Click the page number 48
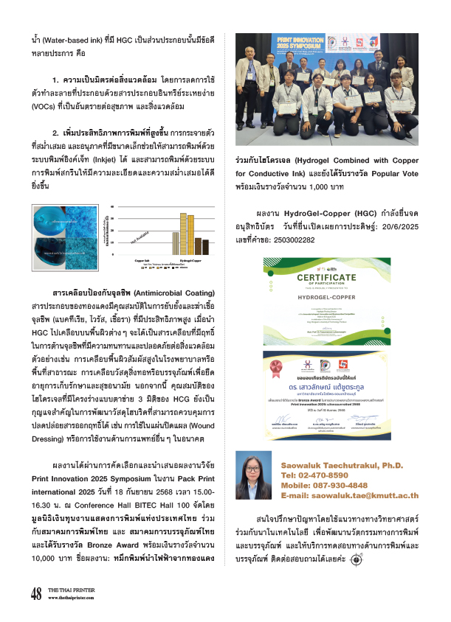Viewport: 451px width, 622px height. [x=35, y=593]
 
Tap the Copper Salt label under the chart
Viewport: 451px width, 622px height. [x=143, y=260]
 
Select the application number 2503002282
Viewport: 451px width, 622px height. [x=302, y=240]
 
